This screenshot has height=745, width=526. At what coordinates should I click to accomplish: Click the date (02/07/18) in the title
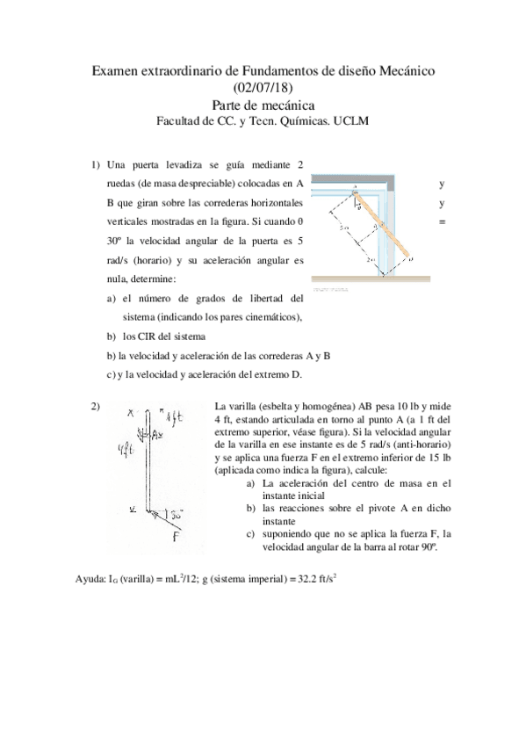263,86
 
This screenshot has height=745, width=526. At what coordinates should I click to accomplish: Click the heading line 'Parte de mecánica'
263,105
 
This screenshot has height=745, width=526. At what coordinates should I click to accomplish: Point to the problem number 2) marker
94,405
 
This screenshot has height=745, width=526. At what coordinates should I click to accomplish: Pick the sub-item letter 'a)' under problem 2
252,482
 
